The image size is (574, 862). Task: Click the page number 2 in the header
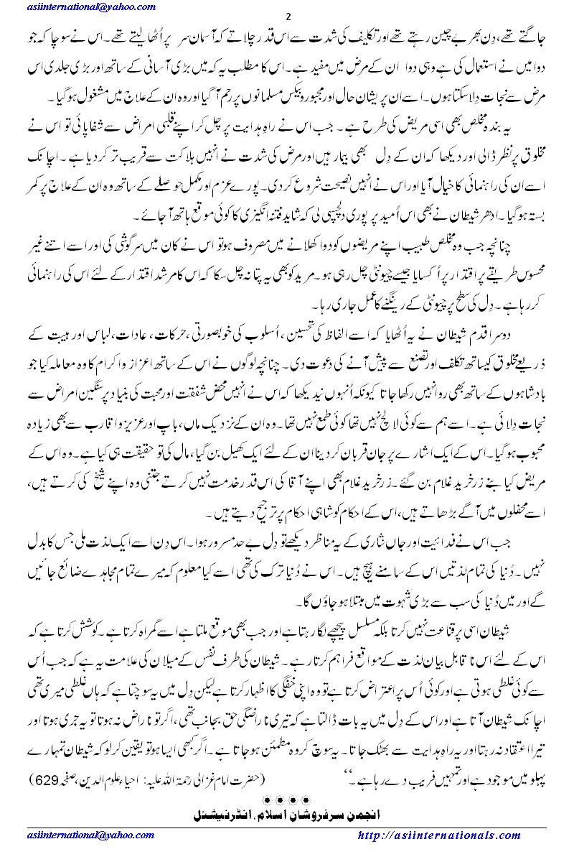point(287,17)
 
